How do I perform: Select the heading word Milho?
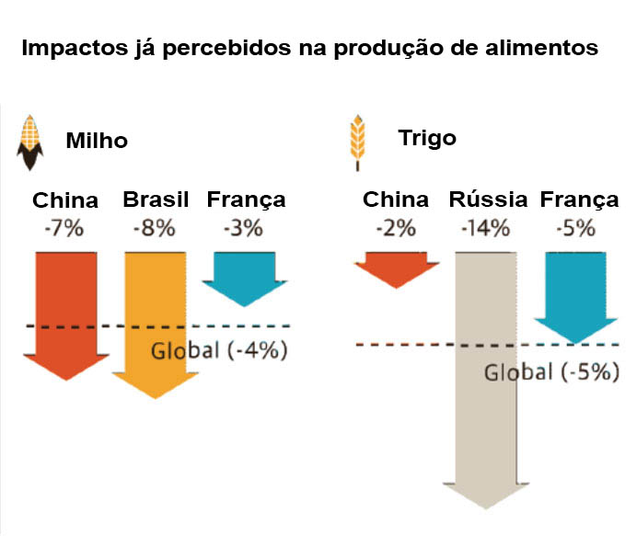click(97, 142)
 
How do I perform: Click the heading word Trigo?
click(427, 138)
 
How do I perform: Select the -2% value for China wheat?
click(396, 227)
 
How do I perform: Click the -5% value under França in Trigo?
click(579, 227)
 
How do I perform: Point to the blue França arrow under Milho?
click(245, 276)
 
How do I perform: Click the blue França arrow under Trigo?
click(576, 294)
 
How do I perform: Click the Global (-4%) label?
click(219, 350)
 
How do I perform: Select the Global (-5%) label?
click(551, 372)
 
